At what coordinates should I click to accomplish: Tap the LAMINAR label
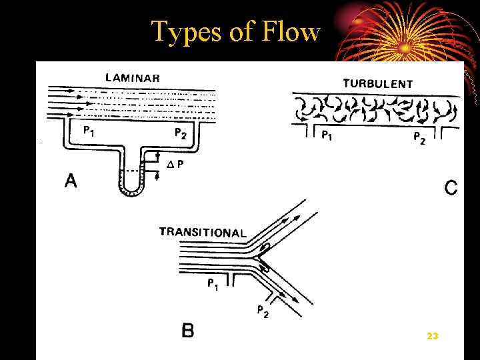pyautogui.click(x=132, y=77)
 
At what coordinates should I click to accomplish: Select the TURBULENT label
pyautogui.click(x=377, y=84)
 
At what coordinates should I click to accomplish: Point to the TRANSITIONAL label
pyautogui.click(x=203, y=233)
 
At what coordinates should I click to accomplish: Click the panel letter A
pyautogui.click(x=71, y=181)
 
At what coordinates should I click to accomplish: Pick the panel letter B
pyautogui.click(x=189, y=330)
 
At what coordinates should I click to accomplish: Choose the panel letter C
pyautogui.click(x=451, y=188)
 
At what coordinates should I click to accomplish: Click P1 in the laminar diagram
pyautogui.click(x=88, y=131)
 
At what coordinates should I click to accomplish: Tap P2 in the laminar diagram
pyautogui.click(x=180, y=133)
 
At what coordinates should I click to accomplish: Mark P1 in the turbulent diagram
pyautogui.click(x=327, y=136)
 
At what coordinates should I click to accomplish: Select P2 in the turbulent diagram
pyautogui.click(x=419, y=138)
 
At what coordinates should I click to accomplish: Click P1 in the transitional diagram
pyautogui.click(x=213, y=285)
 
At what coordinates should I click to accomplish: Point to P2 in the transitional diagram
pyautogui.click(x=263, y=311)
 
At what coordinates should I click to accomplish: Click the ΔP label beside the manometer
pyautogui.click(x=176, y=166)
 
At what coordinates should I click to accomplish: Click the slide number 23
pyautogui.click(x=432, y=337)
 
